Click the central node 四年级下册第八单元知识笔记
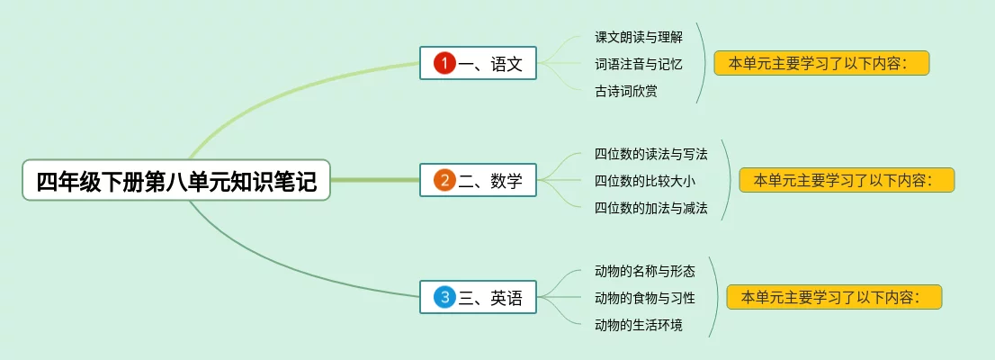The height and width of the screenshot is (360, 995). [x=176, y=181]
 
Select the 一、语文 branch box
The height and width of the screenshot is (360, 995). [x=478, y=63]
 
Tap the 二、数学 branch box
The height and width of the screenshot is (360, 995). [x=478, y=180]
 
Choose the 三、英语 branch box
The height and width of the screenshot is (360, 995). [x=478, y=297]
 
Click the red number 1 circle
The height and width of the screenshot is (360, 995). [x=444, y=63]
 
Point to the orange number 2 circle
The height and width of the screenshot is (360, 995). [x=444, y=180]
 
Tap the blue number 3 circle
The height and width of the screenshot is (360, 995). [x=444, y=297]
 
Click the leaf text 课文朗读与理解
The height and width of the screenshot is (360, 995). [x=638, y=37]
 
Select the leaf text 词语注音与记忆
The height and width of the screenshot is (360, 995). [x=638, y=64]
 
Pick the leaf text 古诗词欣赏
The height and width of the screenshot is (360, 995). [x=625, y=91]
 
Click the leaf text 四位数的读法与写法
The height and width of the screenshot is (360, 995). [x=650, y=154]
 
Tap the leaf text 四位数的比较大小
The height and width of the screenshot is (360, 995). [x=644, y=181]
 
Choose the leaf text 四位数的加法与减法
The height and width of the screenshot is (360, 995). [x=650, y=208]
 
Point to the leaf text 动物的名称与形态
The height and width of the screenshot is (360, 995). [x=644, y=271]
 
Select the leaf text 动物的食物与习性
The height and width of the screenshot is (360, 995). [x=644, y=298]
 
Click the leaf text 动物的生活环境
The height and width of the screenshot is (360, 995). [x=638, y=325]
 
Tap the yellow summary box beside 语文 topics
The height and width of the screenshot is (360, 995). [x=820, y=63]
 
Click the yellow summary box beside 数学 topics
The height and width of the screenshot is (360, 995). [x=846, y=180]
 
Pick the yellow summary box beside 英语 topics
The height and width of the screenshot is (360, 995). [x=833, y=297]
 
